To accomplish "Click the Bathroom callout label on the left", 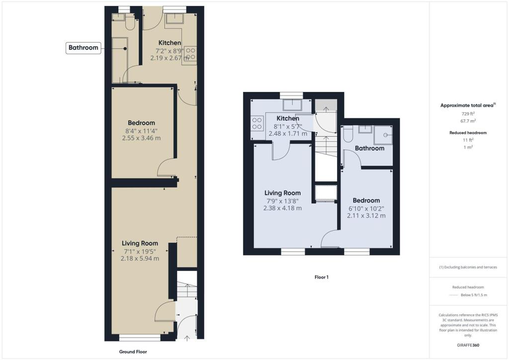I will (x=83, y=48).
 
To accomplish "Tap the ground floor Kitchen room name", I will (x=170, y=43).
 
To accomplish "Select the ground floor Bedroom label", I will (x=141, y=123).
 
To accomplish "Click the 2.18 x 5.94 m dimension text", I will (x=140, y=259).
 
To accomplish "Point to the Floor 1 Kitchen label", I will (x=288, y=118).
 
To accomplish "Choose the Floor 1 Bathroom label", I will (x=369, y=148).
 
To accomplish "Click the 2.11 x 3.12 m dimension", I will (x=366, y=216).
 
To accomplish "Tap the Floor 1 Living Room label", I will (x=282, y=193).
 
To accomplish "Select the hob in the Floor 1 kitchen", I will (x=257, y=123).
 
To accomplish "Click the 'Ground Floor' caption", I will (x=133, y=352).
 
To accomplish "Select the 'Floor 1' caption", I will (x=322, y=277).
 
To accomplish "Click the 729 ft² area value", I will (x=469, y=114).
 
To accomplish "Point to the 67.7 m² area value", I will (x=469, y=121).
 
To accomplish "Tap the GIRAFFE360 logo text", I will (x=469, y=345).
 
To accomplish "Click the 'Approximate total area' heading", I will (x=468, y=105).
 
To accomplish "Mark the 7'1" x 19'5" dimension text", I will (x=140, y=251).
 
